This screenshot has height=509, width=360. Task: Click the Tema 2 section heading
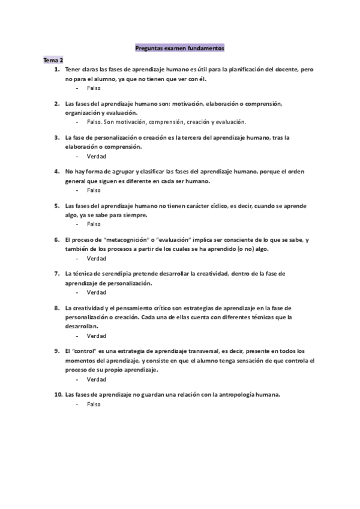[53, 61]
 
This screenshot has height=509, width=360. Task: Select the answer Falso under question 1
[94, 88]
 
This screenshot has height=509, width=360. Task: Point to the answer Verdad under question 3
[96, 157]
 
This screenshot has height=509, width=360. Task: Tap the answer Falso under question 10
[94, 405]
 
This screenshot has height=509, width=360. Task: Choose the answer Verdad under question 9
[96, 379]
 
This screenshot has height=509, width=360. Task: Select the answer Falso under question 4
[94, 190]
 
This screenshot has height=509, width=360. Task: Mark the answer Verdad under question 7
[96, 293]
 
